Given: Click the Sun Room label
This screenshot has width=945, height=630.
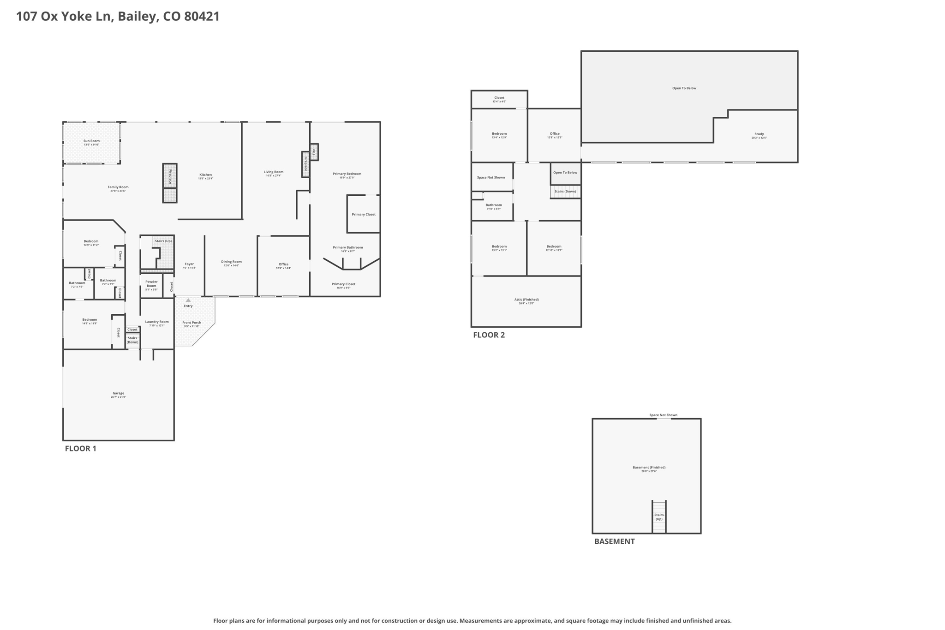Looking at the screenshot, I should point(91,141).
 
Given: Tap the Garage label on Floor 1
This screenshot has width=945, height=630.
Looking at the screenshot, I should point(118,394).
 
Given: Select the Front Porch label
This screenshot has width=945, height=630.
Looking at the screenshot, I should point(191,323).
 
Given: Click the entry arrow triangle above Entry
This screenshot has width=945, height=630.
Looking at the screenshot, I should point(188,300).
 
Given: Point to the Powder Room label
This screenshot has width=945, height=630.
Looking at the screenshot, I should point(151,283).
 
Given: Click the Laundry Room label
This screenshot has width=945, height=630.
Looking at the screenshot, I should point(157,322).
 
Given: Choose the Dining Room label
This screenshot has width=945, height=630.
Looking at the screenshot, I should point(231,262).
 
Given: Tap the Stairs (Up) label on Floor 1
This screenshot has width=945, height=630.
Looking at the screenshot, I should point(163,241).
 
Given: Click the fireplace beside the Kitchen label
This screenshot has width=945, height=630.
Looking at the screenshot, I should point(170,176).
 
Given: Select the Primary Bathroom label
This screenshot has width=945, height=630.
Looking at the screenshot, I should point(347,248).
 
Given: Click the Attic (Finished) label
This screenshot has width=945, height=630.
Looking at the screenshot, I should point(526,300).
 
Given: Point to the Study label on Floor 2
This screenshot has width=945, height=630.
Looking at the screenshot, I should point(759,134).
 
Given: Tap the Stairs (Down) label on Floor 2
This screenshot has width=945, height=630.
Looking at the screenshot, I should point(565,192).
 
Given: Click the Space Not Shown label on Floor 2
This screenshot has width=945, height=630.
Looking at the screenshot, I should point(491,178).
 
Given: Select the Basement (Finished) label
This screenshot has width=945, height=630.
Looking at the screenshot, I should point(649,468).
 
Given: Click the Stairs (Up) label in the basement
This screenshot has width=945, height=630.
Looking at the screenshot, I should point(659,517).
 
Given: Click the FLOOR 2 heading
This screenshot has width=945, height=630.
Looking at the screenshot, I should point(489,335).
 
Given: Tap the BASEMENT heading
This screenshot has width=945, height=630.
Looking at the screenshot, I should point(614,541).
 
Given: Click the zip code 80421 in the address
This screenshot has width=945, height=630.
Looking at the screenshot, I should point(202,16).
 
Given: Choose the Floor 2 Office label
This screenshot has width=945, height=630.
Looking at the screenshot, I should point(555,134).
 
